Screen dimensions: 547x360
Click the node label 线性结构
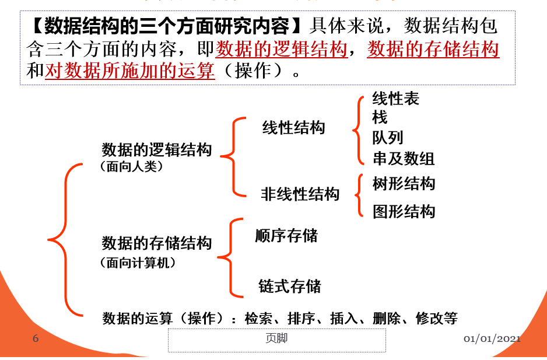coord(293,128)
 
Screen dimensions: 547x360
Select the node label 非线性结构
coord(300,194)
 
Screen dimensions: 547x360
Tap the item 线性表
coord(396,99)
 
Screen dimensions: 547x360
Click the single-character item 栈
coord(380,118)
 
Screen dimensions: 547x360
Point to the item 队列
coord(388,138)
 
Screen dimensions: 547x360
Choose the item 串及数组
coord(404,158)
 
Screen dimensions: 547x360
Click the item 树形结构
coord(404,184)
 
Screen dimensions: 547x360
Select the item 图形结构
coord(404,211)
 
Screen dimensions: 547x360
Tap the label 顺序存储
coord(286,235)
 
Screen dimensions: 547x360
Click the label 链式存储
coord(290,286)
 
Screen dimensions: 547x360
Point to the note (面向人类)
coord(131,166)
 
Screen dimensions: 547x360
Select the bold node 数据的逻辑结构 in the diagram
coord(156,150)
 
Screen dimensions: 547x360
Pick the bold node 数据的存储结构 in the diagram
coord(156,243)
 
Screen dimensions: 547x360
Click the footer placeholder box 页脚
coord(276,340)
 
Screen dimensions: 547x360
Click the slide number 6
coord(36,338)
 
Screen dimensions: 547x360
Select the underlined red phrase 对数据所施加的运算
coord(130,71)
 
